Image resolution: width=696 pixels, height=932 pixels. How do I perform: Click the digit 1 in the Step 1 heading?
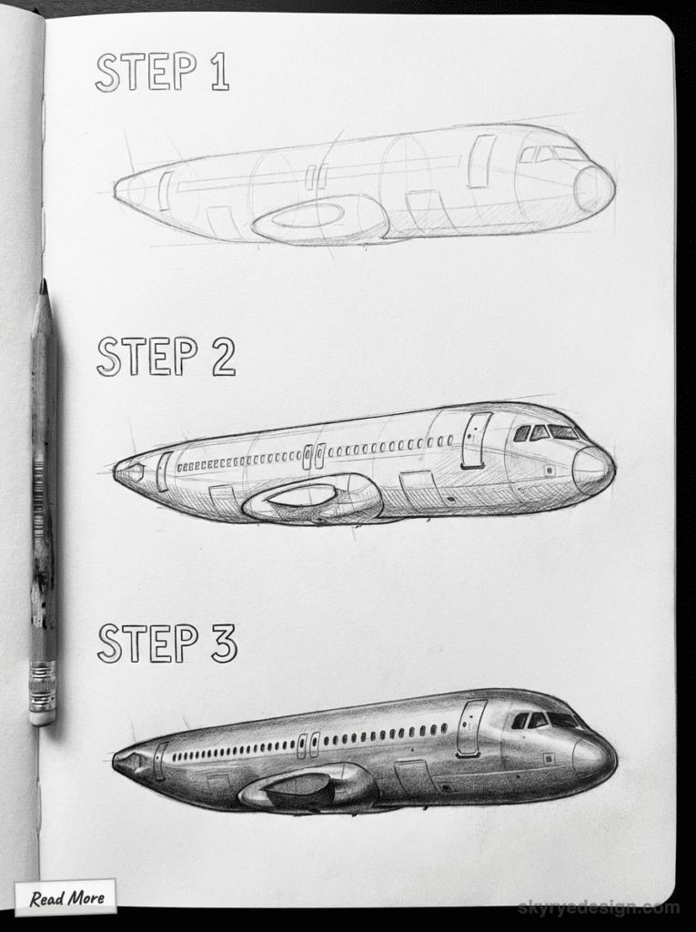[x=218, y=73]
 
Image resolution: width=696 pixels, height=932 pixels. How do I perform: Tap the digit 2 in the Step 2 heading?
[x=222, y=358]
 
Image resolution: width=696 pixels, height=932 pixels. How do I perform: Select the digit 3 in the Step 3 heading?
[x=223, y=643]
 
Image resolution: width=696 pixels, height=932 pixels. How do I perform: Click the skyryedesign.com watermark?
[x=598, y=907]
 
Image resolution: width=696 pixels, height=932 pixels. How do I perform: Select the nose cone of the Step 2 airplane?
[x=592, y=470]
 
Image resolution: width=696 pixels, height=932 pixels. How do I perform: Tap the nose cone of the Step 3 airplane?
[x=593, y=755]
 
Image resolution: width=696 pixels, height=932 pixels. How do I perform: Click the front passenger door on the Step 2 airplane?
[x=475, y=441]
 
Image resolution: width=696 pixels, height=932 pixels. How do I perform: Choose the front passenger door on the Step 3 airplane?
[x=470, y=728]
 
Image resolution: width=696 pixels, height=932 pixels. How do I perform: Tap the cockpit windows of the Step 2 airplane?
[x=544, y=432]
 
